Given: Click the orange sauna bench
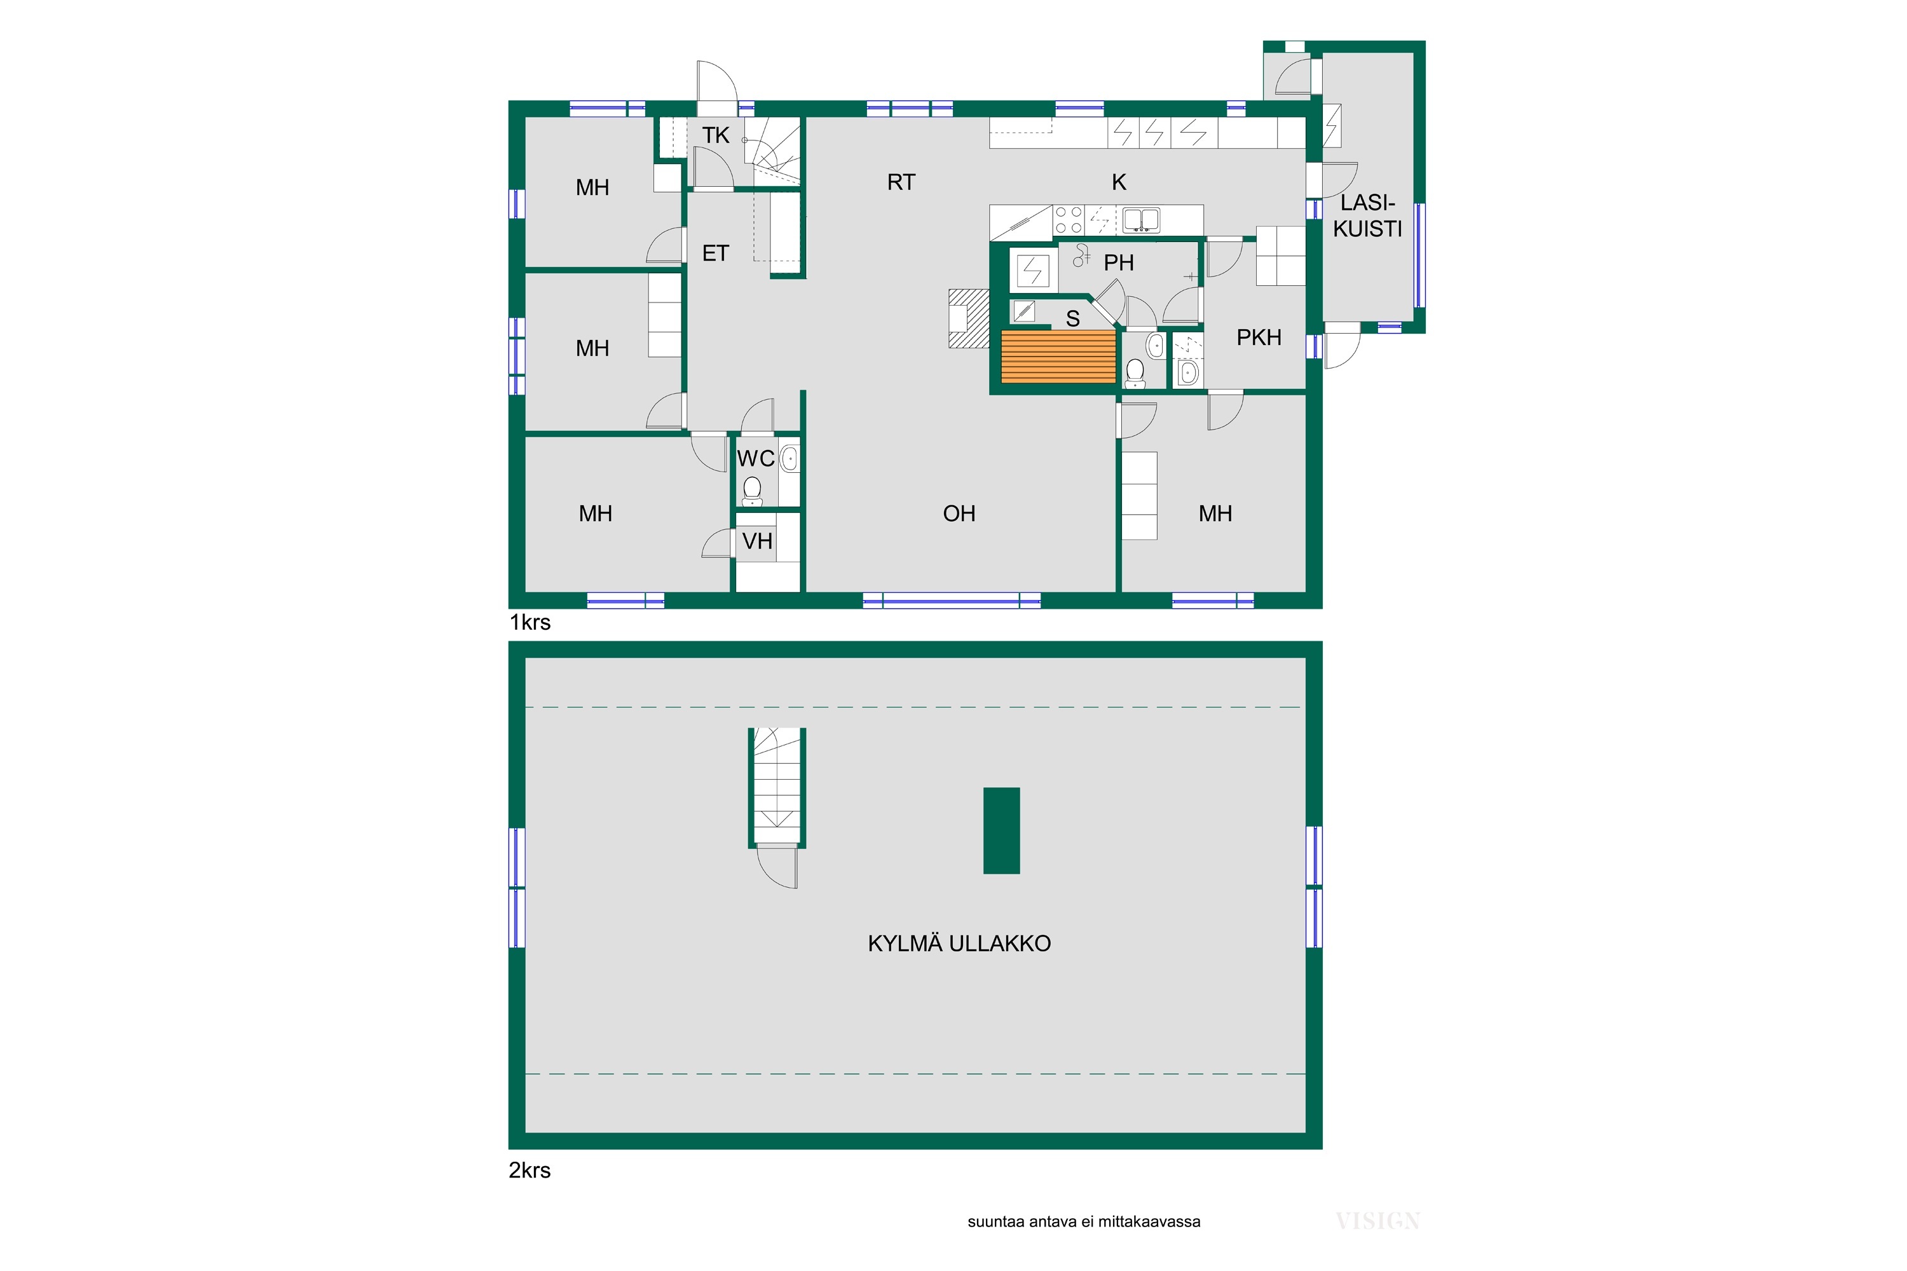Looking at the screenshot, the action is point(1058,356).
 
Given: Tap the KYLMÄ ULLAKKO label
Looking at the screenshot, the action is point(959,944).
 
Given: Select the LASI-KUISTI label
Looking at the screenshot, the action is point(1367,215).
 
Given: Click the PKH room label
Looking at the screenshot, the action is point(1259,337).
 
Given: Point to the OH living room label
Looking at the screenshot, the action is point(959,513).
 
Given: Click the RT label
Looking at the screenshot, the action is point(901,182).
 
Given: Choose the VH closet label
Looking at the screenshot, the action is point(757,541).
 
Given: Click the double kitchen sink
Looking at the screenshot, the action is point(1141,220).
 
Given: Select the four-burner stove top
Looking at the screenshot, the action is point(1069,220).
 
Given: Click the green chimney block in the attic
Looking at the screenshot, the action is point(1001,830).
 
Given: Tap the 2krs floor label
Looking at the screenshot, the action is point(530,1170).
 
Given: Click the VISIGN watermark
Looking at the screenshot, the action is point(1377,1221).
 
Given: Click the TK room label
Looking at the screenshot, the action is point(715,135).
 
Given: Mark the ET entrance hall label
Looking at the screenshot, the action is point(715,254).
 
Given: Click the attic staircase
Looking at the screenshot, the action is point(777,786).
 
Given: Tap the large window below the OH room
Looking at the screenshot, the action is point(952,601).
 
